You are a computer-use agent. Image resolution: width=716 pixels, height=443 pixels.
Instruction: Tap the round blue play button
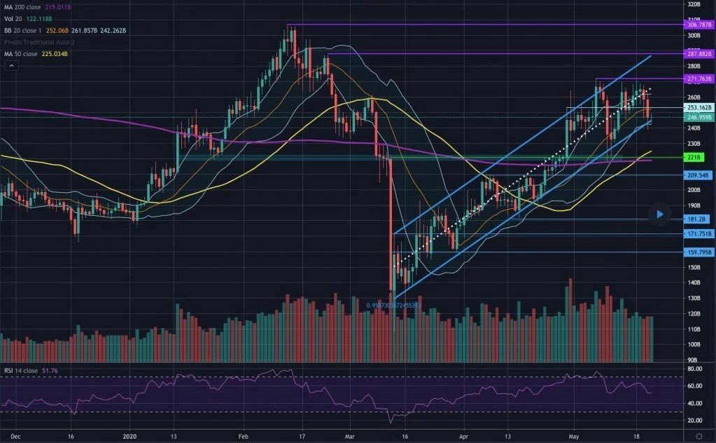658,214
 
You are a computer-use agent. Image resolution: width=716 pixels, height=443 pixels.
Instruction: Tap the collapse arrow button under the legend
11,66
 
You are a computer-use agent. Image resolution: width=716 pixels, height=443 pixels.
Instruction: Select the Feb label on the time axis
244,435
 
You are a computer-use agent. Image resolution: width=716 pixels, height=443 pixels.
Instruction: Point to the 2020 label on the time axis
133,435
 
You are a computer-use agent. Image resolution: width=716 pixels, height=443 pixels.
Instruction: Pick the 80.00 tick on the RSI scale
695,369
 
